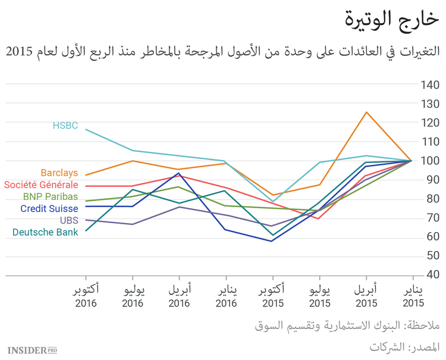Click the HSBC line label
point(65,126)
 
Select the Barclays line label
point(59,173)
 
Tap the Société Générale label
point(41,185)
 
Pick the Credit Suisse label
point(49,208)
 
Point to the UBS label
point(68,220)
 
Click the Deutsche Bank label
point(45,232)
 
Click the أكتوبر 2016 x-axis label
point(86,296)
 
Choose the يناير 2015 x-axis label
point(413,296)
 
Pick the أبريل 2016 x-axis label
point(179,296)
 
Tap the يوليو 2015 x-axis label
point(319,296)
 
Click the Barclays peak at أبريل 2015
point(366,112)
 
